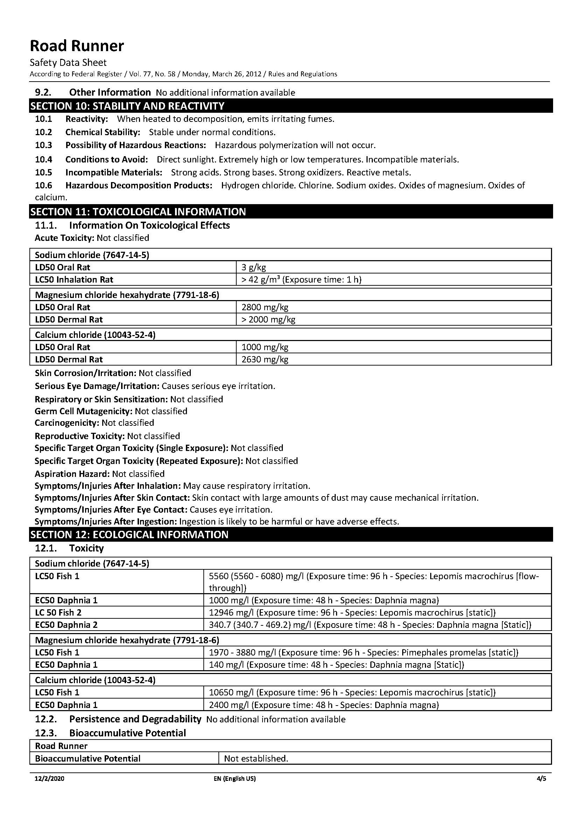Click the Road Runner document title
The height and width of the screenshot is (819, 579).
pyautogui.click(x=77, y=46)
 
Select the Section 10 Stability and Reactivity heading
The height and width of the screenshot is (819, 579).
pyautogui.click(x=127, y=106)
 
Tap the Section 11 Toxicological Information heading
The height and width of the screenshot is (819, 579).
pyautogui.click(x=138, y=212)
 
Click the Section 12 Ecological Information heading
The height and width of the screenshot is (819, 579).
pyautogui.click(x=129, y=535)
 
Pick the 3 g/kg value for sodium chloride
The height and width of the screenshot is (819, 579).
pyautogui.click(x=254, y=267)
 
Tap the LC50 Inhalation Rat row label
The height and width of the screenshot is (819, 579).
pyautogui.click(x=74, y=279)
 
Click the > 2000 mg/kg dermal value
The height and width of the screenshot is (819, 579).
pyautogui.click(x=268, y=319)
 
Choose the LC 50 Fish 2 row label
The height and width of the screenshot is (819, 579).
pyautogui.click(x=58, y=612)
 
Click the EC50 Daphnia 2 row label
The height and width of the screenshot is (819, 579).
pyautogui.click(x=66, y=625)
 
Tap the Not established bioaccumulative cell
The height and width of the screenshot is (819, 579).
pyautogui.click(x=256, y=758)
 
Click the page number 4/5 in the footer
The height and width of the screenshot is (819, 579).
pyautogui.click(x=541, y=779)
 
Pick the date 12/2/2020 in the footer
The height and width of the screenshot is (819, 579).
pyautogui.click(x=50, y=779)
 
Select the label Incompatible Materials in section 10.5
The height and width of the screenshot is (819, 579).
pyautogui.click(x=114, y=173)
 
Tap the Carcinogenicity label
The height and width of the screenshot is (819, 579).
pyautogui.click(x=67, y=423)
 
